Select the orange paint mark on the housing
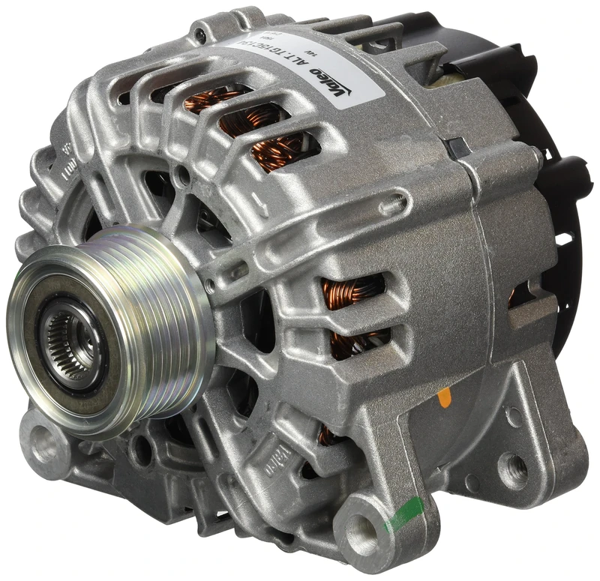[x=445, y=397]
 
